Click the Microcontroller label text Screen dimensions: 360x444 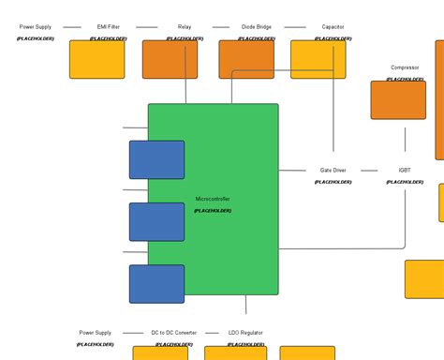click(x=213, y=199)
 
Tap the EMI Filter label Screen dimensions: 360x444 click(x=108, y=27)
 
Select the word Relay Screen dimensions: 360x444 click(x=185, y=27)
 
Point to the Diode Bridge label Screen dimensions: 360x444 click(x=257, y=27)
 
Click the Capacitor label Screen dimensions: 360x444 click(x=333, y=27)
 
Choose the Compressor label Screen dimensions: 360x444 click(x=405, y=67)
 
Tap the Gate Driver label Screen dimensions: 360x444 click(x=333, y=171)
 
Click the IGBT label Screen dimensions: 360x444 click(x=405, y=171)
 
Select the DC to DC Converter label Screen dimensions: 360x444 click(x=174, y=333)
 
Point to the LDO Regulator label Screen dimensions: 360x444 click(x=245, y=333)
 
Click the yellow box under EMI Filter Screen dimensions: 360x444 click(x=96, y=59)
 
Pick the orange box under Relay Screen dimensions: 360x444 click(x=170, y=59)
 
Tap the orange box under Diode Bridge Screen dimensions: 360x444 click(x=246, y=59)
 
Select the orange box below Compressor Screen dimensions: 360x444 click(x=398, y=99)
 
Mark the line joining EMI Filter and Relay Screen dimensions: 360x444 click(x=146, y=27)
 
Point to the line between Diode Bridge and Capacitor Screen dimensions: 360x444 click(x=295, y=27)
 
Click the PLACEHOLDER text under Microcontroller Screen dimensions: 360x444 click(x=213, y=211)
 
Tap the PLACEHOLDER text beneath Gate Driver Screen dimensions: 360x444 click(x=333, y=182)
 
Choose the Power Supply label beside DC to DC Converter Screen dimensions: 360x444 click(x=96, y=333)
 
